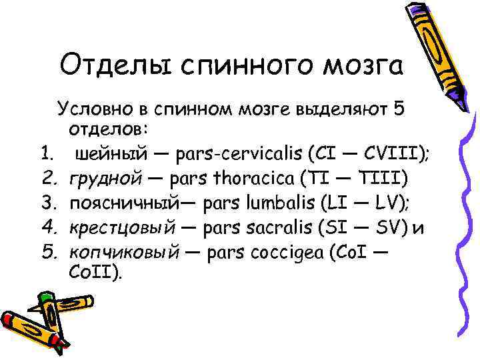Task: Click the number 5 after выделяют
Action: (x=399, y=109)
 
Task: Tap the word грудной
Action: (x=107, y=179)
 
